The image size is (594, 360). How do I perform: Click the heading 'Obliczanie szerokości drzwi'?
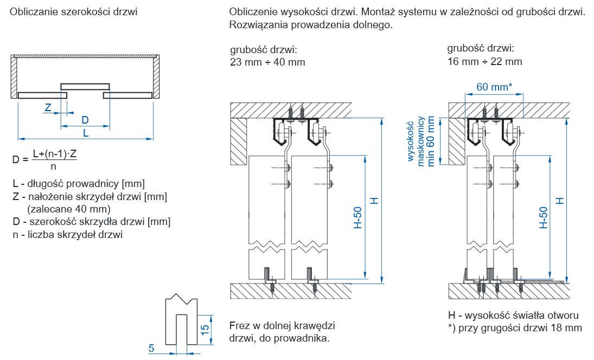(73, 11)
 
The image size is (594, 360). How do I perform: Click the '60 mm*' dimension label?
(494, 86)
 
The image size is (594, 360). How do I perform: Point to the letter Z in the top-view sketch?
(48, 107)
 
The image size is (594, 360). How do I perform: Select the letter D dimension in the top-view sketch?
(85, 120)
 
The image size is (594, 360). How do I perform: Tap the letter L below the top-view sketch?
(86, 133)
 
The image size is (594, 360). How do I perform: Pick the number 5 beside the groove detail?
(152, 349)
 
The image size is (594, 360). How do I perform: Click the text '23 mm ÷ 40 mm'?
(268, 62)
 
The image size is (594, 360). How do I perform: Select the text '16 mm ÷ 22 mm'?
(485, 62)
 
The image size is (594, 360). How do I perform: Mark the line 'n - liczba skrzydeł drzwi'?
(67, 235)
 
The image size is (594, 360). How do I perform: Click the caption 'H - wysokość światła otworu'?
(513, 316)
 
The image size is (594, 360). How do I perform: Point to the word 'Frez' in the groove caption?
(239, 326)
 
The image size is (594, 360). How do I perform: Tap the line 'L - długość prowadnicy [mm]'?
(78, 183)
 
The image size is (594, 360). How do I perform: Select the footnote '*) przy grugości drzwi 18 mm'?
(515, 328)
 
